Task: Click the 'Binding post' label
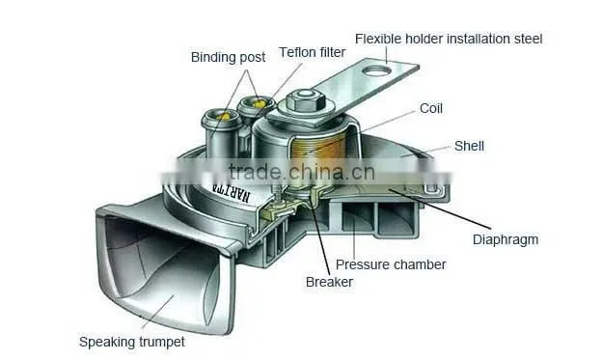point(228,57)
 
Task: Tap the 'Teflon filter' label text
point(313,52)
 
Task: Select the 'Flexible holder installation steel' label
point(449,39)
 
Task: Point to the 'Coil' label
point(431,108)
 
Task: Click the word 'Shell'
point(469,146)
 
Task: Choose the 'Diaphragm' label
point(506,239)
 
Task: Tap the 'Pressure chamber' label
point(391,264)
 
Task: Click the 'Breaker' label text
point(329,282)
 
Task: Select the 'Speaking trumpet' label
point(131,342)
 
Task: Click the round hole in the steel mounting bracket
point(376,70)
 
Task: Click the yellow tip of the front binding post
point(223,116)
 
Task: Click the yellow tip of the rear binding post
point(259,103)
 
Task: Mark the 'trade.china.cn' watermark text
point(301,172)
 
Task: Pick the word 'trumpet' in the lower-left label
point(162,342)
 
